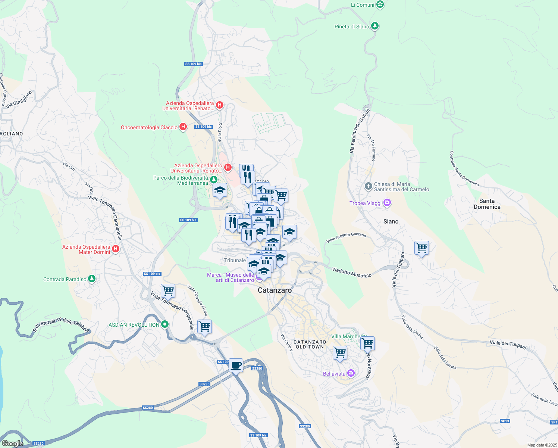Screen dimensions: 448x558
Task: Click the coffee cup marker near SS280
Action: (x=235, y=365)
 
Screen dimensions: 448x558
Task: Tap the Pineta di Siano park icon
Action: (x=375, y=26)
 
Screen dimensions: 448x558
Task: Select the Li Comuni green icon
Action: (x=380, y=5)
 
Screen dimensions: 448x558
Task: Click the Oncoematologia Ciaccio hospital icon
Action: (x=183, y=127)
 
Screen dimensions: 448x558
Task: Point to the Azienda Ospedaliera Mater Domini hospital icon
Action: (x=116, y=249)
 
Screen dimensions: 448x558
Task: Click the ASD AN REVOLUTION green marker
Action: (x=164, y=324)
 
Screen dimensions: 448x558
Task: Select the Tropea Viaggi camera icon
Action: (x=387, y=203)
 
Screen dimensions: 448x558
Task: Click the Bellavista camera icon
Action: (x=351, y=373)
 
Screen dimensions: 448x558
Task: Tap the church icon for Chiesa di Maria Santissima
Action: (x=369, y=186)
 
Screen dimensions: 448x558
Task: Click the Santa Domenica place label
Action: (x=487, y=204)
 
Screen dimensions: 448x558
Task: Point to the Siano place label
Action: (x=391, y=221)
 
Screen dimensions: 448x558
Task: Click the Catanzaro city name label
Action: (x=275, y=290)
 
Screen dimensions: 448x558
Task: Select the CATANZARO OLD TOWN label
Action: (x=310, y=344)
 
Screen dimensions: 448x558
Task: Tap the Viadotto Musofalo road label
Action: (x=351, y=272)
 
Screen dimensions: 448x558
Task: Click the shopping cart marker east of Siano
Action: (x=421, y=248)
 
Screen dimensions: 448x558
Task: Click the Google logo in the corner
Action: (x=13, y=443)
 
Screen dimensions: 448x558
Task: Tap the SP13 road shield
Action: (x=505, y=421)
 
